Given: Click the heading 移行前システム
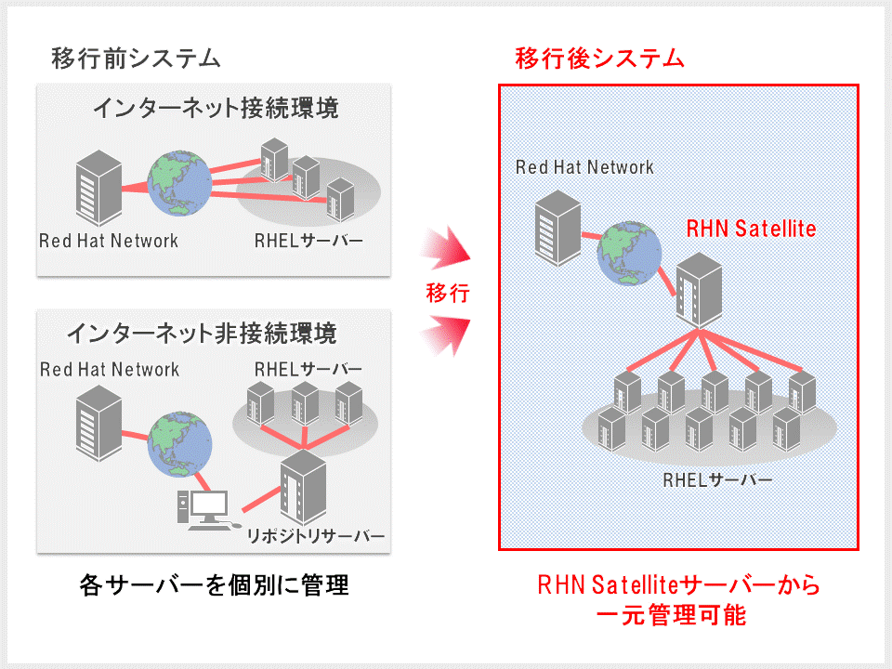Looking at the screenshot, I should (x=136, y=59).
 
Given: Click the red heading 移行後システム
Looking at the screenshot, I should (x=599, y=59).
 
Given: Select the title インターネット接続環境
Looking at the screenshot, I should (x=216, y=109).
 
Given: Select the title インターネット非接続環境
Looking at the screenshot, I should (x=201, y=333).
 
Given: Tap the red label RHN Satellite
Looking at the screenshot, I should (x=751, y=228).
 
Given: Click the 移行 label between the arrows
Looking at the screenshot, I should (x=448, y=294).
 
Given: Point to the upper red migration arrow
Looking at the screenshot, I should (x=448, y=249).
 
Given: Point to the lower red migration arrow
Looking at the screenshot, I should (x=448, y=335).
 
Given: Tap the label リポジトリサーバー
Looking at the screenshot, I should (x=315, y=537).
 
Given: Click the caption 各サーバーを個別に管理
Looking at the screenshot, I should (x=214, y=585).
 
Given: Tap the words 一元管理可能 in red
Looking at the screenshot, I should (x=679, y=616).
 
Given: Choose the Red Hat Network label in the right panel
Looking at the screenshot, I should (x=584, y=167).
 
